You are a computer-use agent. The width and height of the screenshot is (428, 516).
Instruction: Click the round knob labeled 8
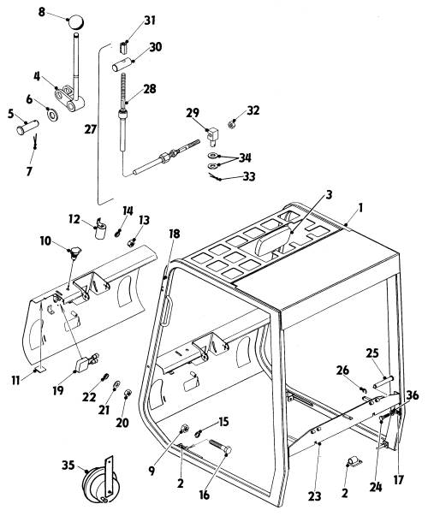[x=75, y=22]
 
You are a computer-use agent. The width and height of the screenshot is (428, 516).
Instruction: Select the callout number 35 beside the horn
[x=68, y=466]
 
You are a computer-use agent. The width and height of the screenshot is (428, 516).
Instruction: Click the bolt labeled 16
[x=220, y=447]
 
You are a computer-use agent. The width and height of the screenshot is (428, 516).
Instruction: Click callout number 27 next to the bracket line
[x=90, y=129]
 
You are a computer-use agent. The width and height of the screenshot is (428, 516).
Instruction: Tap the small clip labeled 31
[x=123, y=48]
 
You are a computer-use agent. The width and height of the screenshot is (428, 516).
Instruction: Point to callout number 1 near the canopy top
[x=360, y=208]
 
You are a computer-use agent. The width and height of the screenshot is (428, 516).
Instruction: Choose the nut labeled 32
[x=232, y=124]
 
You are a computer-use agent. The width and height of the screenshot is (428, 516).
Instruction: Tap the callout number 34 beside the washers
[x=245, y=157]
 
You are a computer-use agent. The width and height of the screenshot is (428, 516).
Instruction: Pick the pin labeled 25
[x=383, y=383]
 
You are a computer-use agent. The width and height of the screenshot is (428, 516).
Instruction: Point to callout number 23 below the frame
[x=314, y=496]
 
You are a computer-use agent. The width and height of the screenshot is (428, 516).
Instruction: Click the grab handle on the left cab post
[x=167, y=311]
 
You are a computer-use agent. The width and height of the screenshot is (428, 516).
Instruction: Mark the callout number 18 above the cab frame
[x=175, y=234]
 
